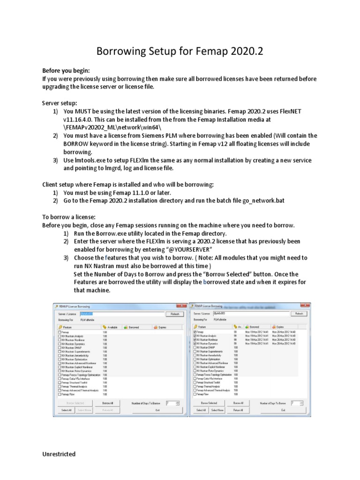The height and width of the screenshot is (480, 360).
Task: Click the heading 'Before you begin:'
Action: click(66, 70)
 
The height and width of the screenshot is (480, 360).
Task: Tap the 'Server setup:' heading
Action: click(60, 103)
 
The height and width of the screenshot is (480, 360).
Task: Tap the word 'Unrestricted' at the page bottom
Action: click(59, 454)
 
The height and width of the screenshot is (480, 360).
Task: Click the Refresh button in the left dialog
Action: click(174, 314)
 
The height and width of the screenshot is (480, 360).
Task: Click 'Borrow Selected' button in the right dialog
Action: click(209, 403)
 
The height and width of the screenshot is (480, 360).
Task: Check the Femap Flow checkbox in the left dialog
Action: click(60, 394)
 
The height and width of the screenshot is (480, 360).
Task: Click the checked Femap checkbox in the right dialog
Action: click(195, 332)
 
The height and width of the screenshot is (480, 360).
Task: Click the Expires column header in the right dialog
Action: click(280, 327)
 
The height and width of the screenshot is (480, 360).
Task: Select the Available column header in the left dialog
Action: click(112, 327)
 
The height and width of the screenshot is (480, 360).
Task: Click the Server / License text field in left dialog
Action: click(122, 314)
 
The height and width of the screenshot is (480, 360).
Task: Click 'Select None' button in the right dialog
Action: click(217, 410)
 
